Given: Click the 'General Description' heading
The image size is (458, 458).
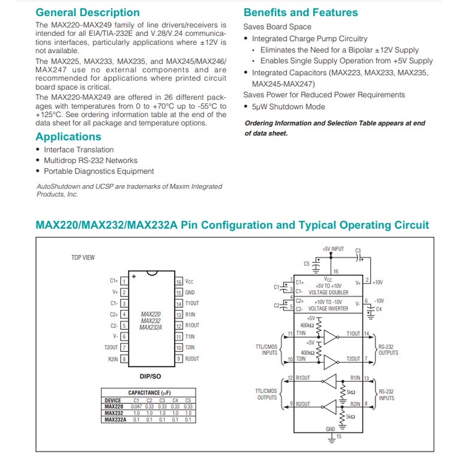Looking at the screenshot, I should coord(87,12).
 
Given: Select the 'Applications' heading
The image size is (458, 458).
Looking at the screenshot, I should coord(68,136).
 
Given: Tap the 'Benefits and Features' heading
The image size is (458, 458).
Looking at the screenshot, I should coord(300,12).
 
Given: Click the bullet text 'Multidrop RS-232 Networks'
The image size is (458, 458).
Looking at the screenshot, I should coord(90,160).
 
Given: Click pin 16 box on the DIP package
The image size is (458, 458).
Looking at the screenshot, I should coord(179,281).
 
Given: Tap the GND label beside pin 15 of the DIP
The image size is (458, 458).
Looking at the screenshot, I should coord(190,292).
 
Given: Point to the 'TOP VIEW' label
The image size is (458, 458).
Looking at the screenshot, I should coord(83,258).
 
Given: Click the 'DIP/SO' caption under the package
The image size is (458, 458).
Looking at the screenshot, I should coord(151,375).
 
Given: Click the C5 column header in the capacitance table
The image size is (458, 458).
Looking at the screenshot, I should coord(188,400).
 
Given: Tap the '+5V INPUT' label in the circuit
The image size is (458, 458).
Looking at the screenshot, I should coord(333,249).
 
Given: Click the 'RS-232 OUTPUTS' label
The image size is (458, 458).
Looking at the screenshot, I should coord(388,349).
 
